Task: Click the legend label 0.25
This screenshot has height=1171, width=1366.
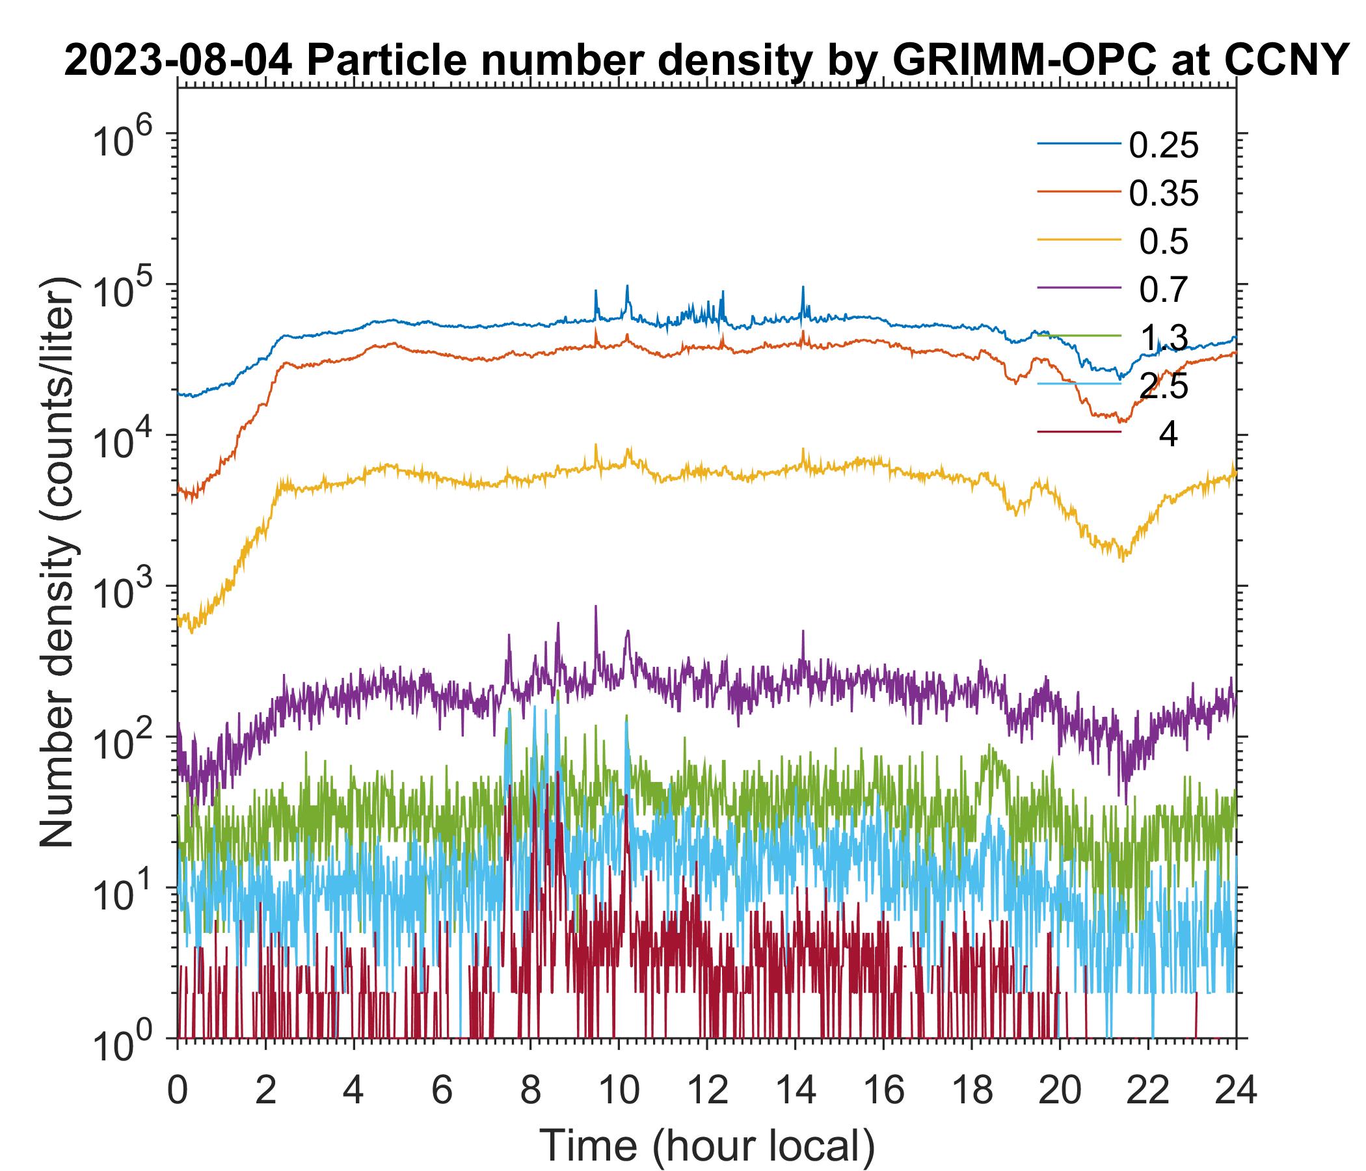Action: click(1163, 146)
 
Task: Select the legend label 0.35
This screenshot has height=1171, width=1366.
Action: click(1163, 194)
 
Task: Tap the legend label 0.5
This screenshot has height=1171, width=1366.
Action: click(1164, 242)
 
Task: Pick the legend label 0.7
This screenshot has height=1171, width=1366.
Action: click(1164, 290)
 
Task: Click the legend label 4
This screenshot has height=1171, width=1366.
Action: click(1168, 435)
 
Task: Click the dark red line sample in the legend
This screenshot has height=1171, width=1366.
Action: click(1079, 432)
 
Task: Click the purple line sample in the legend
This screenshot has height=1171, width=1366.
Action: click(1079, 288)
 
